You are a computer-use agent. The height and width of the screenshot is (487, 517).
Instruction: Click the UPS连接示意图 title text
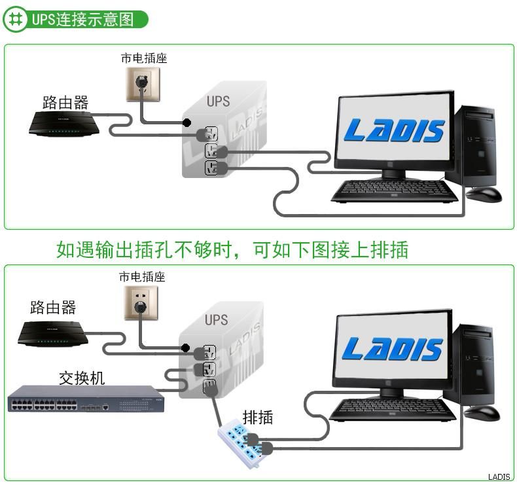click(82, 19)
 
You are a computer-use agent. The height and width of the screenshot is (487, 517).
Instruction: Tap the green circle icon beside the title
click(15, 19)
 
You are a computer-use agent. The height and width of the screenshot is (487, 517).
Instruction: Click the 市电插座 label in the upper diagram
click(144, 58)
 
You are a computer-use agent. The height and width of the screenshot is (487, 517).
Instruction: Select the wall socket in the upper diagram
click(143, 84)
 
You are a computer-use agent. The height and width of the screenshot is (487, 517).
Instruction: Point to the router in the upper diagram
click(64, 124)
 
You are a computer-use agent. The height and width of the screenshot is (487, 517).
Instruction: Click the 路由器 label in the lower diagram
click(53, 307)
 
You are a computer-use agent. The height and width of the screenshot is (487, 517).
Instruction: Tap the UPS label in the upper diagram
click(219, 101)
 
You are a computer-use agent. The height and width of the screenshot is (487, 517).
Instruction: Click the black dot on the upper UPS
click(187, 122)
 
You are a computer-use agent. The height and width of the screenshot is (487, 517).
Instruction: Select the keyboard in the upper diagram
click(395, 190)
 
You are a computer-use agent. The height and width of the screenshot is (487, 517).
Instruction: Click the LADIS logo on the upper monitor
click(394, 130)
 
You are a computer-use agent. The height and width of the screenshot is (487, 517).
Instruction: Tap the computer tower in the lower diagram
click(474, 365)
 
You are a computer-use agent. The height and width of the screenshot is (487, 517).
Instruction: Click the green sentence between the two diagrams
click(232, 249)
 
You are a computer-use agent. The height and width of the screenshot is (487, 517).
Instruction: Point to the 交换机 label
click(82, 378)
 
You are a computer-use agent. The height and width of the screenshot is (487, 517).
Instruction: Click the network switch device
click(86, 399)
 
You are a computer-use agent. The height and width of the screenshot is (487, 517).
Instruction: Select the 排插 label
click(258, 418)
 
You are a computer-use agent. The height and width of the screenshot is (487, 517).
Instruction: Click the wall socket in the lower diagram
click(141, 303)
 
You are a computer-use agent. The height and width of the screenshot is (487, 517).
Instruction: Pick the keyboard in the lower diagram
click(393, 410)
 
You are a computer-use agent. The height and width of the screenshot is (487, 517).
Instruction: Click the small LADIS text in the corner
click(499, 477)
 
